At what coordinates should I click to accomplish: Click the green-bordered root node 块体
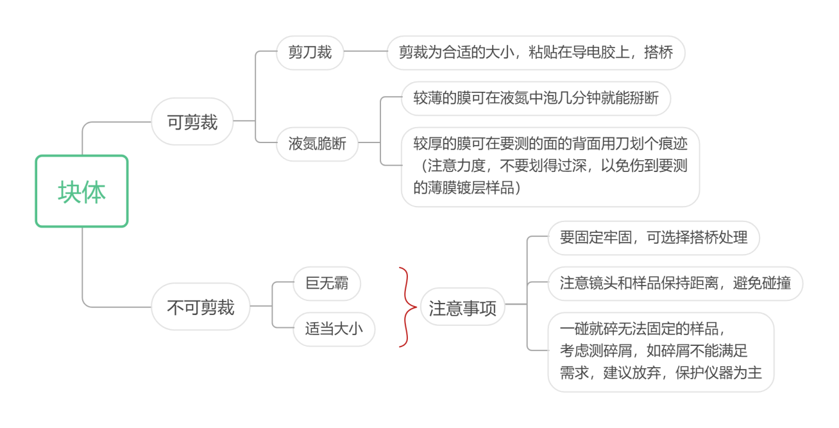[x=81, y=191]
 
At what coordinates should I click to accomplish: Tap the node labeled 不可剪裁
[x=200, y=307]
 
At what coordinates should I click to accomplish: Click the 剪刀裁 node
[x=310, y=53]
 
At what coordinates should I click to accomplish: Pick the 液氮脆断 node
[x=318, y=143]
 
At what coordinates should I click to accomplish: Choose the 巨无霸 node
[x=326, y=282]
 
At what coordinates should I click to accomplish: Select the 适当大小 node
[x=334, y=329]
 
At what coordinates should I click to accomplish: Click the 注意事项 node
[x=462, y=308]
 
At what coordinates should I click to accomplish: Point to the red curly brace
[x=405, y=307]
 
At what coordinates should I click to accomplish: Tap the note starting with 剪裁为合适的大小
[x=536, y=53]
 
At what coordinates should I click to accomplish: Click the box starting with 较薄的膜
[x=536, y=99]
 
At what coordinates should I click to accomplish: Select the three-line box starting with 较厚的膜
[x=550, y=166]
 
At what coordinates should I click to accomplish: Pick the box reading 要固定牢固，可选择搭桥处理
[x=653, y=238]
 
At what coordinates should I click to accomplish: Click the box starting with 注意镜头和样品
[x=675, y=283]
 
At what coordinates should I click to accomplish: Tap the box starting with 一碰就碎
[x=661, y=352]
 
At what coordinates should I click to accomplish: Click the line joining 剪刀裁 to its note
[x=365, y=52]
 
